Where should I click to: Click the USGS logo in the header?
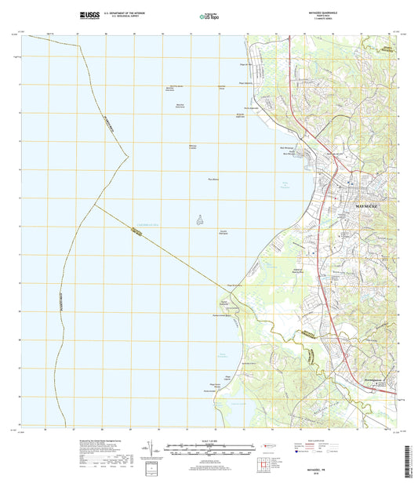[x=88, y=14]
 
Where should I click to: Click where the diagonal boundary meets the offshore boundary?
[x=94, y=205]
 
